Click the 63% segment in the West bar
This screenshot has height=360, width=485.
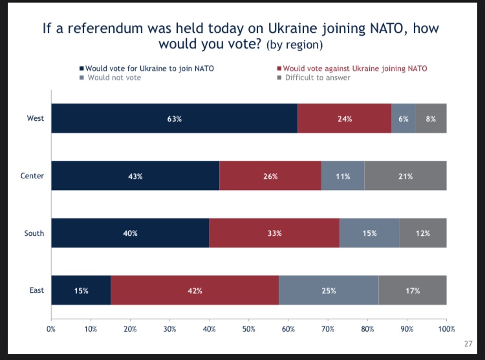coord(175,118)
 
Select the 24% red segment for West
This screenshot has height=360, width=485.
coord(345,118)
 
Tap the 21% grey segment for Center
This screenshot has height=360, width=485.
coord(405,176)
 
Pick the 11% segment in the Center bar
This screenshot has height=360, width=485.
coord(343,176)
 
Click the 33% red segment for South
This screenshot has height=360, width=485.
coord(274,233)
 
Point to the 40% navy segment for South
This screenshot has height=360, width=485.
coord(130,233)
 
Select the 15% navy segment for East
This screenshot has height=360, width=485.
coord(81,290)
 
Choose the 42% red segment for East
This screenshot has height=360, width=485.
coord(195,290)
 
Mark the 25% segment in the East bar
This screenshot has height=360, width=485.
coord(329,290)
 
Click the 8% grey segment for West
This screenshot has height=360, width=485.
coord(431,118)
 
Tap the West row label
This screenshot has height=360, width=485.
coord(36,118)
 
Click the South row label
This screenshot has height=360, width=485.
coord(35,233)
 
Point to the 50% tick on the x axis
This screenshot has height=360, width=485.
coord(248,330)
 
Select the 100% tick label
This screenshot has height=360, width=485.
coord(446,330)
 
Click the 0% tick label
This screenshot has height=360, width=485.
coord(51,330)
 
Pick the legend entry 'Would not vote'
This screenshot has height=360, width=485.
coord(114,78)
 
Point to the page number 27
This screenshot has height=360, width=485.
coord(468,344)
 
